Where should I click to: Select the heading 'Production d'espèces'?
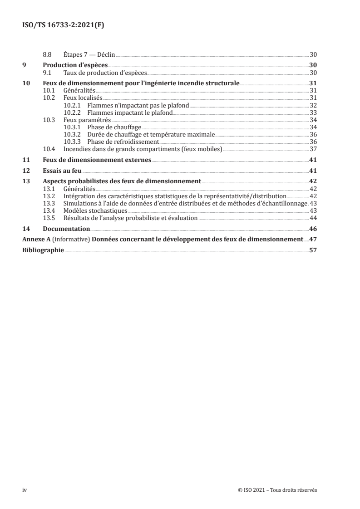coord(75,65)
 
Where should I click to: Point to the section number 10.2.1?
coord(72,105)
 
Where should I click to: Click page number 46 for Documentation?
coord(313,229)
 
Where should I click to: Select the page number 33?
coord(313,112)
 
